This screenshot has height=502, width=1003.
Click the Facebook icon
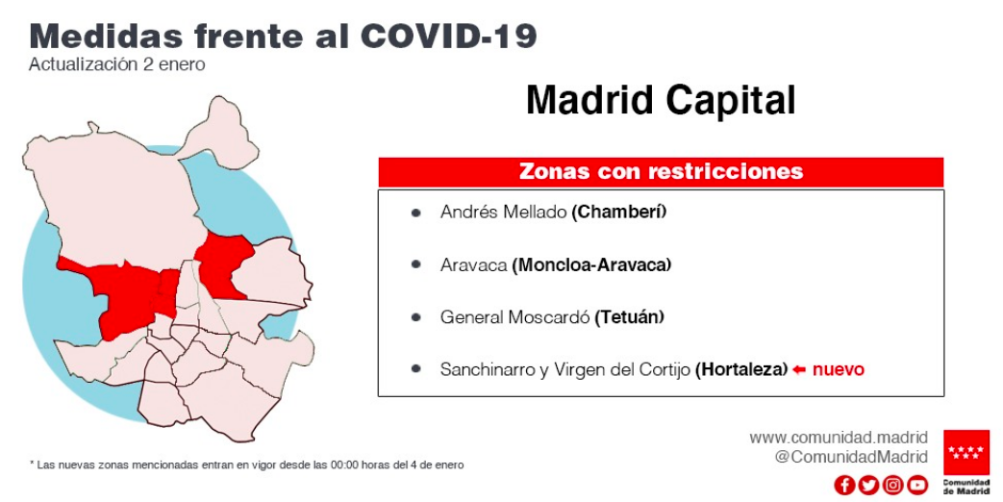tap(844, 486)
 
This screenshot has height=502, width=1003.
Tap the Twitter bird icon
tap(868, 486)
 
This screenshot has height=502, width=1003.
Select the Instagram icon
tap(893, 486)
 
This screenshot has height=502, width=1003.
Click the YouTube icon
tap(917, 486)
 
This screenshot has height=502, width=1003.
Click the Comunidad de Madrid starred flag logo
tap(965, 452)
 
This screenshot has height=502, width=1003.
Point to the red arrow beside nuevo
tap(799, 369)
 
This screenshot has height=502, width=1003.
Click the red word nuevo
tap(838, 369)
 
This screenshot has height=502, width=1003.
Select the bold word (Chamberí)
tap(618, 212)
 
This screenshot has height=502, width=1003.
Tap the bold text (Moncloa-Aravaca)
tap(591, 264)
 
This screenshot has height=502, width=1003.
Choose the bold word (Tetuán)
tap(630, 317)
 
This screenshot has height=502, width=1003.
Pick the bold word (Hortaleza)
tap(741, 369)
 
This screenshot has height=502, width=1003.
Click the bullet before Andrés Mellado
tap(416, 213)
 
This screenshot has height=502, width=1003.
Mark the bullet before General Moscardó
tap(416, 317)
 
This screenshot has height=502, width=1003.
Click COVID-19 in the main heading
tap(448, 37)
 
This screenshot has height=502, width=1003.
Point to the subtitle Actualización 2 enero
tap(117, 64)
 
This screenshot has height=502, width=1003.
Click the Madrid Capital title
tap(661, 100)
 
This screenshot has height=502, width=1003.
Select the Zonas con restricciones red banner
tap(661, 171)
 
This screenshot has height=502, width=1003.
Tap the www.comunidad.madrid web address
tap(839, 439)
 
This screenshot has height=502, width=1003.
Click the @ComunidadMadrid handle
tap(851, 457)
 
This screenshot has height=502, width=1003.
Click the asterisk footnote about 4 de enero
tap(247, 464)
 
